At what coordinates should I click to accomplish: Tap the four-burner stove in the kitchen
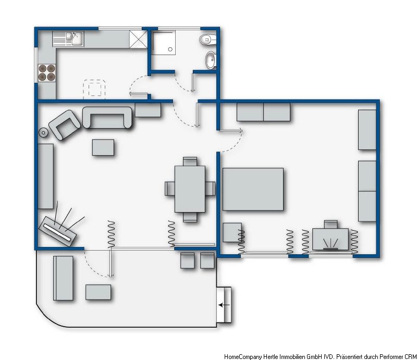point(47,72)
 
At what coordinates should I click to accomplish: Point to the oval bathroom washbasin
point(210,60)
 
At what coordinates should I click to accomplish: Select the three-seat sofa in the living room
point(108,118)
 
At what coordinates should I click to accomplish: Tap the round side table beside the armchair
point(43,132)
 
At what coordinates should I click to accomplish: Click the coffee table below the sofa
point(104,147)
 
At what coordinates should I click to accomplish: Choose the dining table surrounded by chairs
point(190,188)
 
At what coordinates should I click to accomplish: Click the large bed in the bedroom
point(253,189)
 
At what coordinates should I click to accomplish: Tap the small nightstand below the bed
point(232,232)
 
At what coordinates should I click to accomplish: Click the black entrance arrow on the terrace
point(225,305)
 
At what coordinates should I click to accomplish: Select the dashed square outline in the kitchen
point(95,88)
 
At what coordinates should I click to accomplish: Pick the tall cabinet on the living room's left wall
point(46,176)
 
